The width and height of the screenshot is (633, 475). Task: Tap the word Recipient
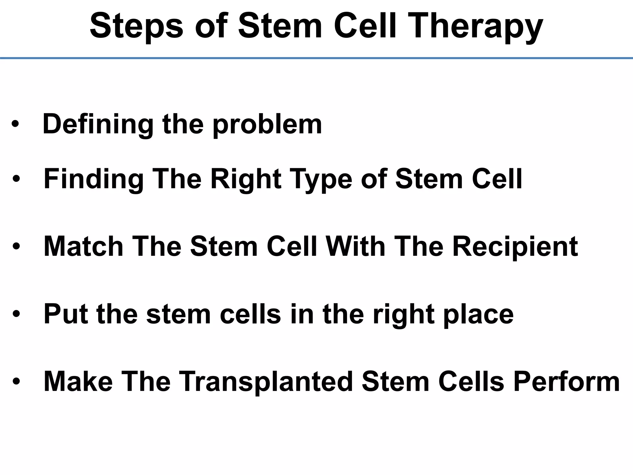coord(515,246)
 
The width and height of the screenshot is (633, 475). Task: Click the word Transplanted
coord(266,382)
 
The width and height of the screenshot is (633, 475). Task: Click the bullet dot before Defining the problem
coord(15,125)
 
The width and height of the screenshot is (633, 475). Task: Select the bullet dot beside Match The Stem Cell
coord(16,247)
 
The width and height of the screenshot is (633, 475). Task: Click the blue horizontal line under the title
coord(316,58)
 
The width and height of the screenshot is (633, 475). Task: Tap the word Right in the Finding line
coord(246,179)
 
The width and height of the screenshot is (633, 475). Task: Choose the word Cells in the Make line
coord(471,382)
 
